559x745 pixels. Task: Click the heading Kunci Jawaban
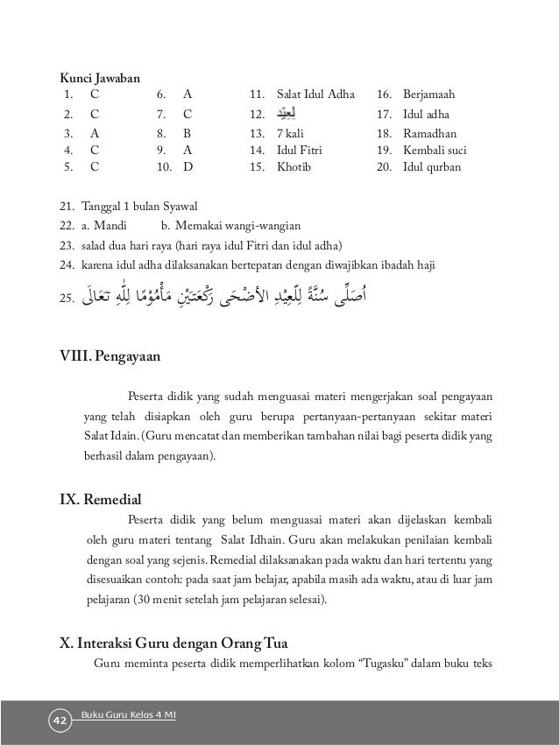pos(97,81)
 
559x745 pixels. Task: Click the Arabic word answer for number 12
pos(286,113)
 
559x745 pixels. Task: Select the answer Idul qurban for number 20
pos(429,164)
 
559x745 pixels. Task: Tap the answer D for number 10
pos(188,164)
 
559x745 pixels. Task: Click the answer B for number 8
pos(187,134)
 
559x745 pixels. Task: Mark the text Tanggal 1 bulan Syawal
pos(140,206)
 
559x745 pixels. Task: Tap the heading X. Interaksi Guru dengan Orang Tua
pos(175,643)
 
